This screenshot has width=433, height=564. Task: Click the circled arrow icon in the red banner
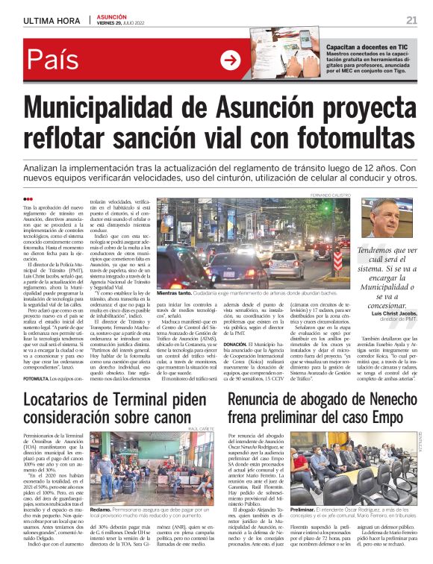(231, 60)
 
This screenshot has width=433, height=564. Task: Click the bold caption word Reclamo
(100, 510)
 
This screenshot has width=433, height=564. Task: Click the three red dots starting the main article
(28, 198)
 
